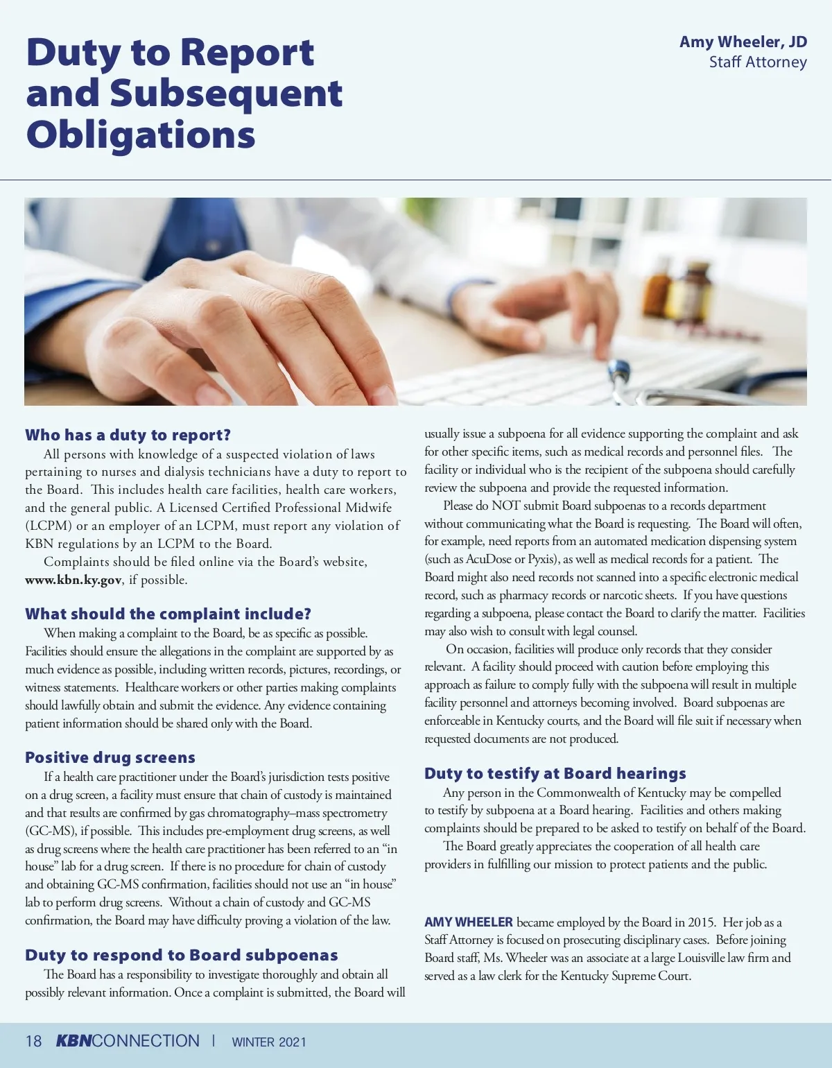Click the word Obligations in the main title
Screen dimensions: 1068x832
click(141, 135)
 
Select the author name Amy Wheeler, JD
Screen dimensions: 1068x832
click(743, 42)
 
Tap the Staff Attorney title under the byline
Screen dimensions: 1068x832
click(758, 62)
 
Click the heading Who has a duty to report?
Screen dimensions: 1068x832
click(128, 436)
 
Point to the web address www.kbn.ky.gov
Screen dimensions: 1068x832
click(73, 580)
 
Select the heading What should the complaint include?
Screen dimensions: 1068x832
click(168, 614)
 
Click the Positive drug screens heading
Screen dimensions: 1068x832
click(110, 757)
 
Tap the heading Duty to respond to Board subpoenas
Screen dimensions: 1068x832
click(182, 955)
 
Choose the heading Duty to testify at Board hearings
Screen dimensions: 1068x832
click(555, 773)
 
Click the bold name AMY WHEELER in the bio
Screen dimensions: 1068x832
click(469, 922)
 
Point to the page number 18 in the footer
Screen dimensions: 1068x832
click(33, 1042)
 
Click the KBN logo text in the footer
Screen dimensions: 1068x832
click(73, 1041)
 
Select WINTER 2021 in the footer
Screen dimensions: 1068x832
click(269, 1042)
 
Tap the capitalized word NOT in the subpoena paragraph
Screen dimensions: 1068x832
click(505, 506)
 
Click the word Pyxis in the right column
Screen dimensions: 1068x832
click(541, 559)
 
